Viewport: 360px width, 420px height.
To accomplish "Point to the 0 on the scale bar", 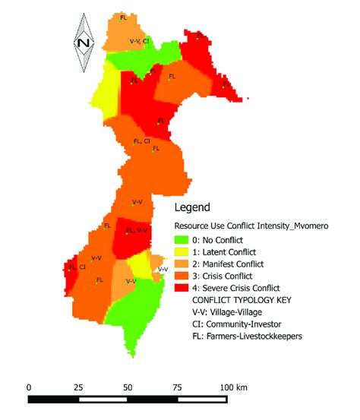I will tap(29, 387).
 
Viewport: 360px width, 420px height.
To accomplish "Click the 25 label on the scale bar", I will tap(79, 387).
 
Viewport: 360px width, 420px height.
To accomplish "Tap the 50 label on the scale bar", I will tap(128, 387).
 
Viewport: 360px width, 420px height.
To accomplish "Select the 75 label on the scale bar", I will tap(178, 387).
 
